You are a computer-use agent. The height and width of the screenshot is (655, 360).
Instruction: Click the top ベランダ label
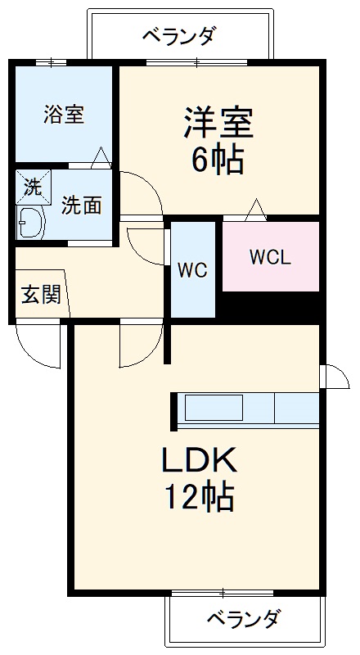point(179,36)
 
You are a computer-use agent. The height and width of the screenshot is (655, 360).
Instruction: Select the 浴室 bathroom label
point(63,114)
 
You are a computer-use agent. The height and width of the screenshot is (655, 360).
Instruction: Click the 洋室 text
point(218,123)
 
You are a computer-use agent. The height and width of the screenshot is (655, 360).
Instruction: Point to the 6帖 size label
point(218,160)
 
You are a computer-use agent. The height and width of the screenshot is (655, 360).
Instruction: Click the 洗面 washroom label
point(82,206)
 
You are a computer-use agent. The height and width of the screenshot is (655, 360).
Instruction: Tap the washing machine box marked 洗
point(32,186)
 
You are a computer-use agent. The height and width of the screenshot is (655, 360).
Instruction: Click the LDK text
point(197,461)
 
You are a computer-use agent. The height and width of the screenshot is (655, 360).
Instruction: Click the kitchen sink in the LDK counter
point(214,407)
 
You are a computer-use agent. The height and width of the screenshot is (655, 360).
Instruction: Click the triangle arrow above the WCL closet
point(255,210)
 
